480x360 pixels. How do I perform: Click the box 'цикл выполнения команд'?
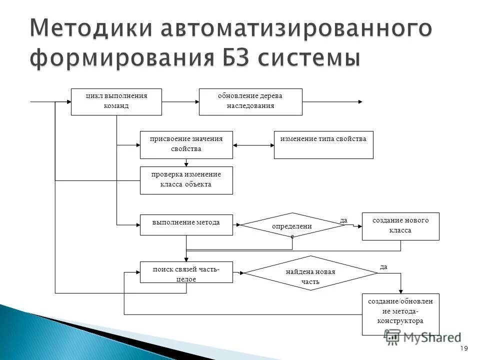116,102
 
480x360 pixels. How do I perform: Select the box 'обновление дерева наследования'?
250,102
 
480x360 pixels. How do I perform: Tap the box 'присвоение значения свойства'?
186,145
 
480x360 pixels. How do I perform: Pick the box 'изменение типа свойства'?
323,145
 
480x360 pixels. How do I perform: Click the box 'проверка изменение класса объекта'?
186,180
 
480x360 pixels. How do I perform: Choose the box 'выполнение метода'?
186,225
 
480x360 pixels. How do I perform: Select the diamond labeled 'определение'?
292,225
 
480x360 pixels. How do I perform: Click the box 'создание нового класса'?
400,226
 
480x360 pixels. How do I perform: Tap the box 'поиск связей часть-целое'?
186,272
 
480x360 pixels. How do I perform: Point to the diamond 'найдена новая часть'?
310,273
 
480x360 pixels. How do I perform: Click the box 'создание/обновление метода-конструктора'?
400,314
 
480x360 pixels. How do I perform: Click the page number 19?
463,348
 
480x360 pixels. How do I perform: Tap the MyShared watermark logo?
422,337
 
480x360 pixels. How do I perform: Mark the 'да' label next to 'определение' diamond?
343,220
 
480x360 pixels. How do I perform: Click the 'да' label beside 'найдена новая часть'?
383,267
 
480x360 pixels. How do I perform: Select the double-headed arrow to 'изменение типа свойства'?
253,145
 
